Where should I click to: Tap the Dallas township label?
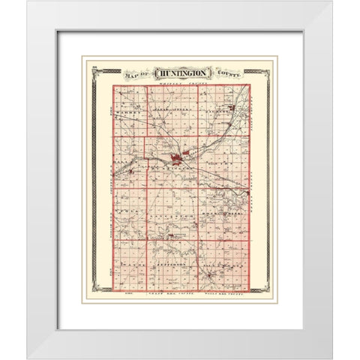coord(121,161)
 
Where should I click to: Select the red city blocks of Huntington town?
coord(177,158)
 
